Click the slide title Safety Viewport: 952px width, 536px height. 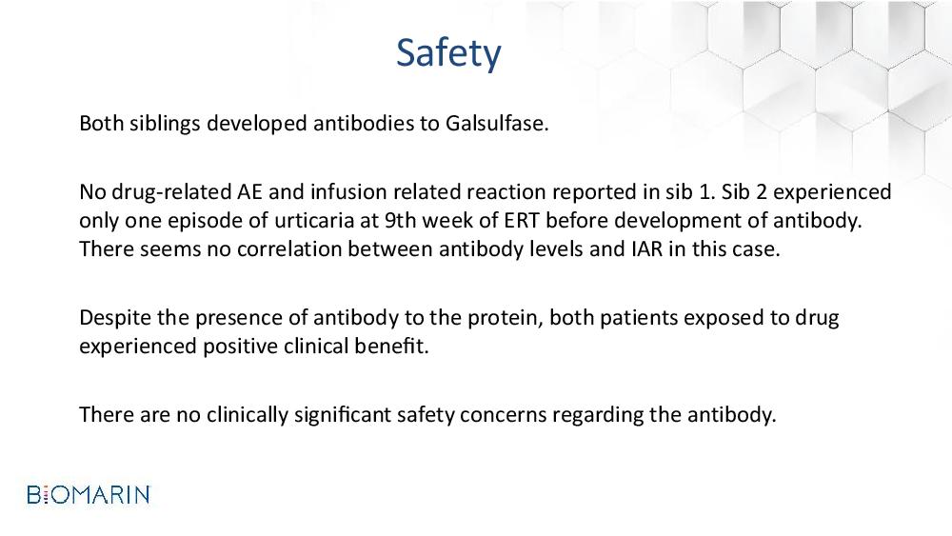click(x=448, y=52)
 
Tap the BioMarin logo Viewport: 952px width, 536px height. click(x=89, y=495)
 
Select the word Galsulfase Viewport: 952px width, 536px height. click(x=497, y=123)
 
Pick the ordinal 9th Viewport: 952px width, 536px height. click(x=400, y=220)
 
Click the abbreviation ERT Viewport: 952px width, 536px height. click(x=522, y=220)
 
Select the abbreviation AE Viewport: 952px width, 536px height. click(x=248, y=191)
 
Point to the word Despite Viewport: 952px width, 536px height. click(x=115, y=318)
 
